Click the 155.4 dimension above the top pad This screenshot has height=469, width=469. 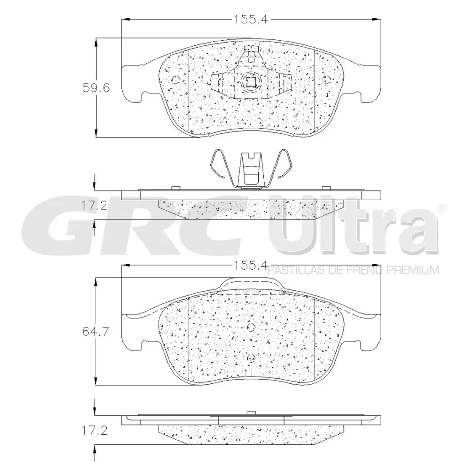[x=251, y=20]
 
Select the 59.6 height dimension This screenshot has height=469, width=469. [x=96, y=87]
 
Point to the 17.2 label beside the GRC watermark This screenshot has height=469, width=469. [x=94, y=206]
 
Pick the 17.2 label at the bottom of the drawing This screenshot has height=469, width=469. [x=94, y=431]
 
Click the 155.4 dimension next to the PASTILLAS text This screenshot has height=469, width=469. [x=250, y=265]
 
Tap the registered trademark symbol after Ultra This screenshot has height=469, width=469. [x=443, y=208]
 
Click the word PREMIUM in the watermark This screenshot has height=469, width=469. [x=413, y=270]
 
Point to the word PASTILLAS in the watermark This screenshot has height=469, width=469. [x=294, y=270]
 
